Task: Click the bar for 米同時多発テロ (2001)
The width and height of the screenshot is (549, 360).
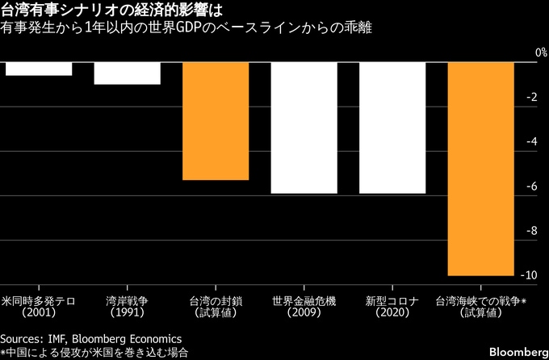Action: (39, 69)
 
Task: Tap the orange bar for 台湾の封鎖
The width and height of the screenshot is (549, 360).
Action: (215, 121)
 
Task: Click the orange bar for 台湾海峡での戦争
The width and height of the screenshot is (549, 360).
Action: (480, 169)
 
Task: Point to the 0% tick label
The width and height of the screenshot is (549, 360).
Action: (530, 52)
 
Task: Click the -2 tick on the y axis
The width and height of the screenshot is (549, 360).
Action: (532, 97)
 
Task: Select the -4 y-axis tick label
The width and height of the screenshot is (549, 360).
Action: (532, 142)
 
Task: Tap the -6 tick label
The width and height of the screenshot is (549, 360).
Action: (532, 186)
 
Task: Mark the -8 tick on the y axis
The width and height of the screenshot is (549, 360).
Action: (532, 231)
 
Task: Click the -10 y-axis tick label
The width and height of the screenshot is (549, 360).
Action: (530, 275)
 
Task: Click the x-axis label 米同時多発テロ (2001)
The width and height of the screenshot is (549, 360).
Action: (39, 307)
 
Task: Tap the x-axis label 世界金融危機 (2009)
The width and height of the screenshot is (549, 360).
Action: (304, 307)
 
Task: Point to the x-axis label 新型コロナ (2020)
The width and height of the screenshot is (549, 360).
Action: (392, 307)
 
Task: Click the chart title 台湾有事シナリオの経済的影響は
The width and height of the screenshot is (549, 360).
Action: (113, 11)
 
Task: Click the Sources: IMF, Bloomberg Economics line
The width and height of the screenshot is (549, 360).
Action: (90, 338)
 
